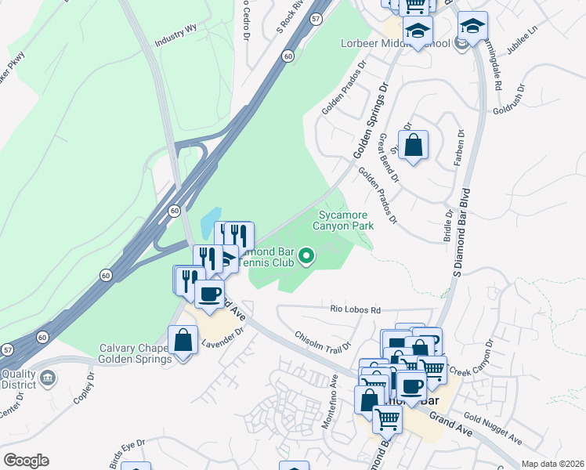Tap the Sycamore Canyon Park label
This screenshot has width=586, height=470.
[x=345, y=220]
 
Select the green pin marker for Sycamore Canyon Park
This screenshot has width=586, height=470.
[x=308, y=255]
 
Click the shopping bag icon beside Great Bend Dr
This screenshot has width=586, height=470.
[x=414, y=145]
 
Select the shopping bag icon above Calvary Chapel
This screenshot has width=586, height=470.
[x=183, y=341]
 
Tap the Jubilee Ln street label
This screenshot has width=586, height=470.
[x=523, y=39]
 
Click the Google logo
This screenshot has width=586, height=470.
[x=26, y=461]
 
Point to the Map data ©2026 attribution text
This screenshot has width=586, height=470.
[x=552, y=464]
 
